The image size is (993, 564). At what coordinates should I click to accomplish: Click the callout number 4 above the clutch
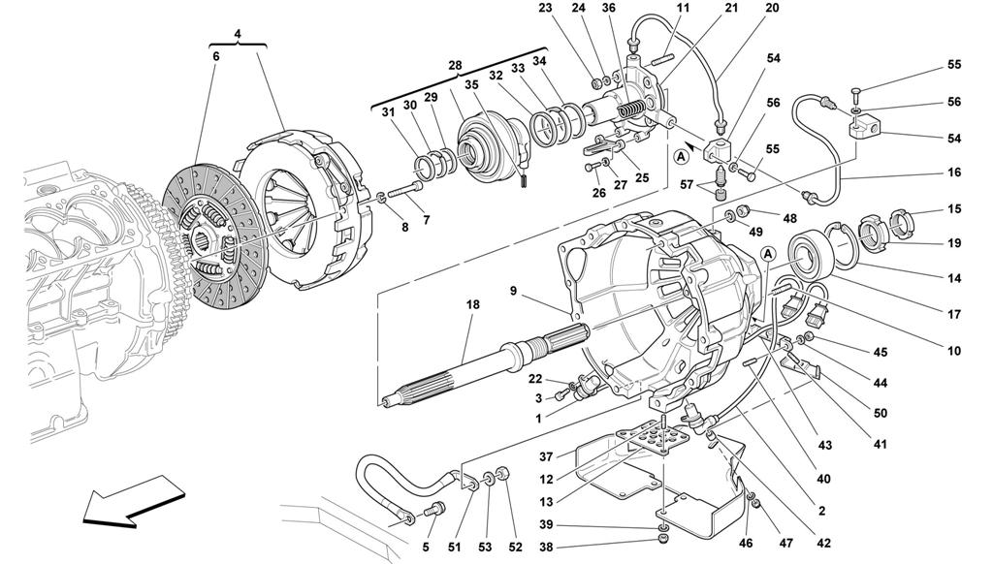[x=239, y=33]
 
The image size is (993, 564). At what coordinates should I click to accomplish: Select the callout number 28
[x=456, y=65]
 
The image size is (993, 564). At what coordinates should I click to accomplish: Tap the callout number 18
[x=472, y=304]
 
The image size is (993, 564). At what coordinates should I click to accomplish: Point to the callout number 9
[x=514, y=292]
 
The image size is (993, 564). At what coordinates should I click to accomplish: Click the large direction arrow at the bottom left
[x=134, y=500]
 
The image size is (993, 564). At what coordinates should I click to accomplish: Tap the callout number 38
[x=546, y=547]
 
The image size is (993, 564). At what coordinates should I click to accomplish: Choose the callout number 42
[x=823, y=543]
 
